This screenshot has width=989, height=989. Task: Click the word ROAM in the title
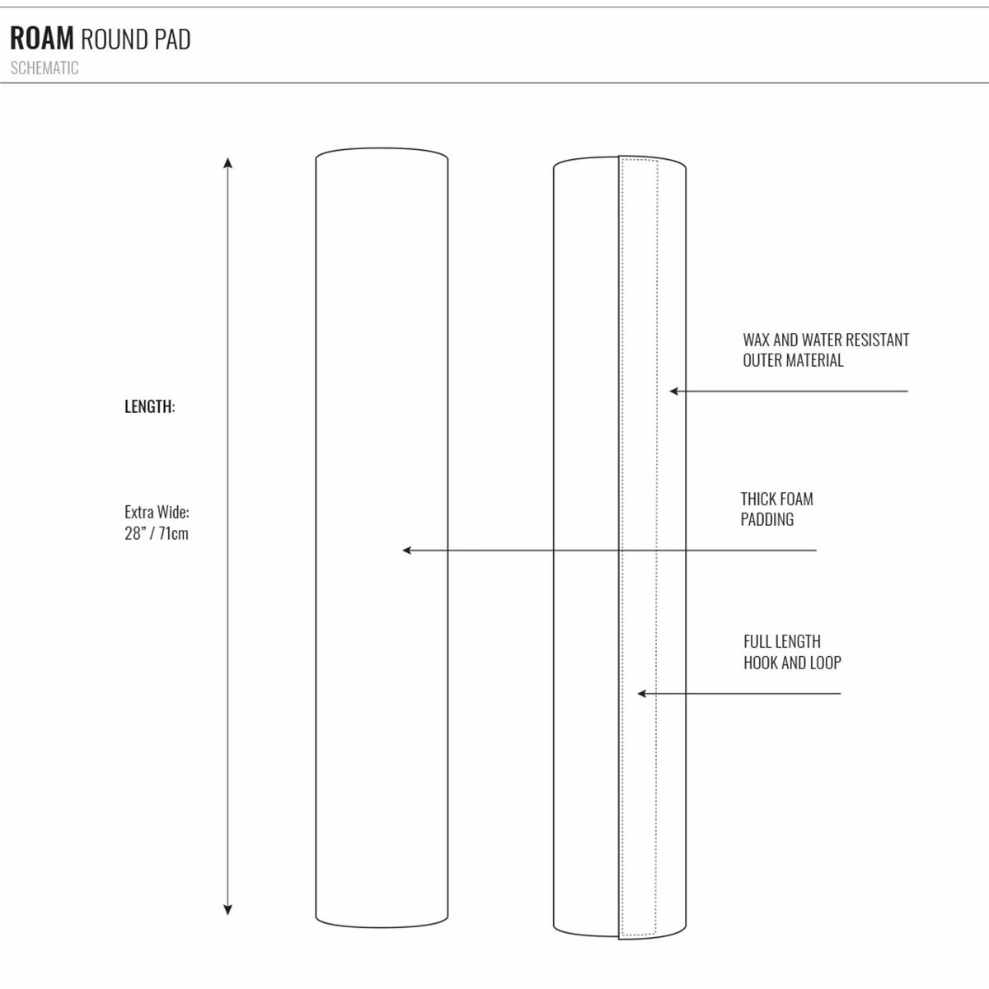pyautogui.click(x=42, y=39)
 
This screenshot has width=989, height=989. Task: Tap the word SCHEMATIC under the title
pyautogui.click(x=45, y=68)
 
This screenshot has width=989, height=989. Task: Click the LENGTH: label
pyautogui.click(x=150, y=406)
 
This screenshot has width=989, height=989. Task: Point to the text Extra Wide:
pyautogui.click(x=157, y=512)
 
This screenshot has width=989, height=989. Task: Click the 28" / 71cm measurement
pyautogui.click(x=157, y=533)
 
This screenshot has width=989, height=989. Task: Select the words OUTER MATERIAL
pyautogui.click(x=793, y=360)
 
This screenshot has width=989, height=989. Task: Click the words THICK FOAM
pyautogui.click(x=776, y=499)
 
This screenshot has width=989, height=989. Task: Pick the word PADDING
pyautogui.click(x=766, y=519)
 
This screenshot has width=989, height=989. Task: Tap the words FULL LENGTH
pyautogui.click(x=782, y=641)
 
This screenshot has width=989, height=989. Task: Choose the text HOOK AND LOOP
pyautogui.click(x=792, y=663)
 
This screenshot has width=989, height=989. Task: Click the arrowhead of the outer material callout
pyautogui.click(x=673, y=391)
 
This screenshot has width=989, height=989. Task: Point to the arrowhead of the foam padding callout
pyautogui.click(x=405, y=551)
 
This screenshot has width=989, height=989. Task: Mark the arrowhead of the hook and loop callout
pyautogui.click(x=640, y=694)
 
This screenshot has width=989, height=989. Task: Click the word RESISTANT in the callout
pyautogui.click(x=877, y=340)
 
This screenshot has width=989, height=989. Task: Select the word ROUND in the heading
pyautogui.click(x=114, y=40)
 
